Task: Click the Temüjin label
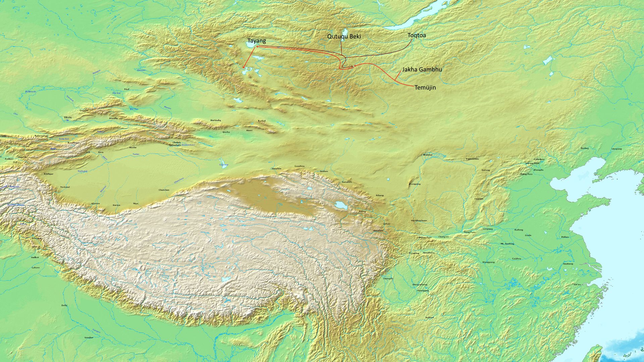click(425, 87)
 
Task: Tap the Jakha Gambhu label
click(422, 69)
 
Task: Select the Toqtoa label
click(417, 35)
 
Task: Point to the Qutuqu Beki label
click(344, 36)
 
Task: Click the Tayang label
click(257, 41)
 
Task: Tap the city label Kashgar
click(48, 174)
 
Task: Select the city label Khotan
click(96, 203)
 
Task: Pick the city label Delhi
click(64, 305)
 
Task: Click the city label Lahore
click(36, 267)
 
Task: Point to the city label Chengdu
click(388, 279)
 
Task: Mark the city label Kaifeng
click(519, 230)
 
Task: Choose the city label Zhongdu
click(538, 170)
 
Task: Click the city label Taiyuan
click(479, 199)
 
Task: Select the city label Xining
click(362, 212)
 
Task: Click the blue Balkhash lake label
click(30, 92)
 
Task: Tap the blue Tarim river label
click(136, 154)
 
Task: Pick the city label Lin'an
click(577, 285)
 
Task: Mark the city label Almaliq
click(113, 118)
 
